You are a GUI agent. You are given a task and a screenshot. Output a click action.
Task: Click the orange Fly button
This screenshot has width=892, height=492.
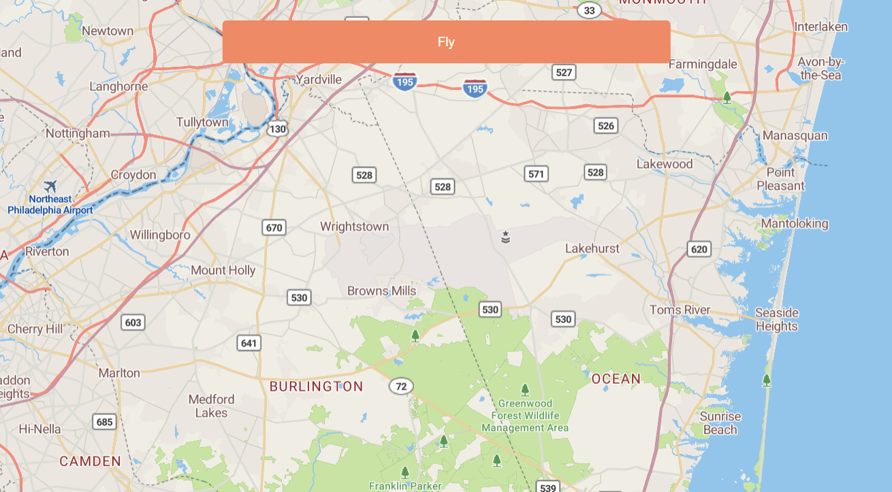446,42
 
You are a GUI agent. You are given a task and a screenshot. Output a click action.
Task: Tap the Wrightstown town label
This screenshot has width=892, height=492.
354,227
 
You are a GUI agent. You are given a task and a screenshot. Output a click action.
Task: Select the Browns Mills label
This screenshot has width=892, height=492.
381,291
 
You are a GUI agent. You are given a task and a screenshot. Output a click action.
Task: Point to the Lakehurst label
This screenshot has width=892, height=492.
592,248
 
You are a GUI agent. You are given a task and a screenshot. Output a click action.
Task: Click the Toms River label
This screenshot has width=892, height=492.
680,310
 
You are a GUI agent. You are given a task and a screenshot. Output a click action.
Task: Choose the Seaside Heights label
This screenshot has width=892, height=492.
776,319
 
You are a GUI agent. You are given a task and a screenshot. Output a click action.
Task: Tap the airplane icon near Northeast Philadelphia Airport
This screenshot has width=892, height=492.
50,186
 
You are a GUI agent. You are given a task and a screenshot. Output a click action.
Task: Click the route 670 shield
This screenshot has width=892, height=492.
274,227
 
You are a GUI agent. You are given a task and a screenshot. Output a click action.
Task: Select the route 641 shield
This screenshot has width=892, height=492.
249,342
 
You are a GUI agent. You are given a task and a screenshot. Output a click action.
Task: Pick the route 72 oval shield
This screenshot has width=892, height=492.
401,387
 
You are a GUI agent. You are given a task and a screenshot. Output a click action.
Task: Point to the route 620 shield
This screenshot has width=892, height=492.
699,249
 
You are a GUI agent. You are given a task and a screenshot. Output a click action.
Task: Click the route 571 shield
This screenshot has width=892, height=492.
537,174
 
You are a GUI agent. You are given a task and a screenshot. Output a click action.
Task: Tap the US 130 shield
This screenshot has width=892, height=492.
277,129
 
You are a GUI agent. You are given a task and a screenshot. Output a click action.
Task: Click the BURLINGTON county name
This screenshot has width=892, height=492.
316,387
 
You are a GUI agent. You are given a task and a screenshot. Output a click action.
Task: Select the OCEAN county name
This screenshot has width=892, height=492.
616,378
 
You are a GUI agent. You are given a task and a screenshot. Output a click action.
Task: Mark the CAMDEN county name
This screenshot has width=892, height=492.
90,461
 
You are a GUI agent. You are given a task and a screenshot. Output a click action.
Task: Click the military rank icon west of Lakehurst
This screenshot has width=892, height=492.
505,237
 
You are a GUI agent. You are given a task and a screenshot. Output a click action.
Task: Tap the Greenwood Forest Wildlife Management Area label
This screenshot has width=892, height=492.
525,416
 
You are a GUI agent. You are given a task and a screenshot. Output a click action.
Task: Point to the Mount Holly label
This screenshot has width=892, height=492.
223,270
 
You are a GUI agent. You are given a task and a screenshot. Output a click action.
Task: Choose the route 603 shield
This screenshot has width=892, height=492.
133,322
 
